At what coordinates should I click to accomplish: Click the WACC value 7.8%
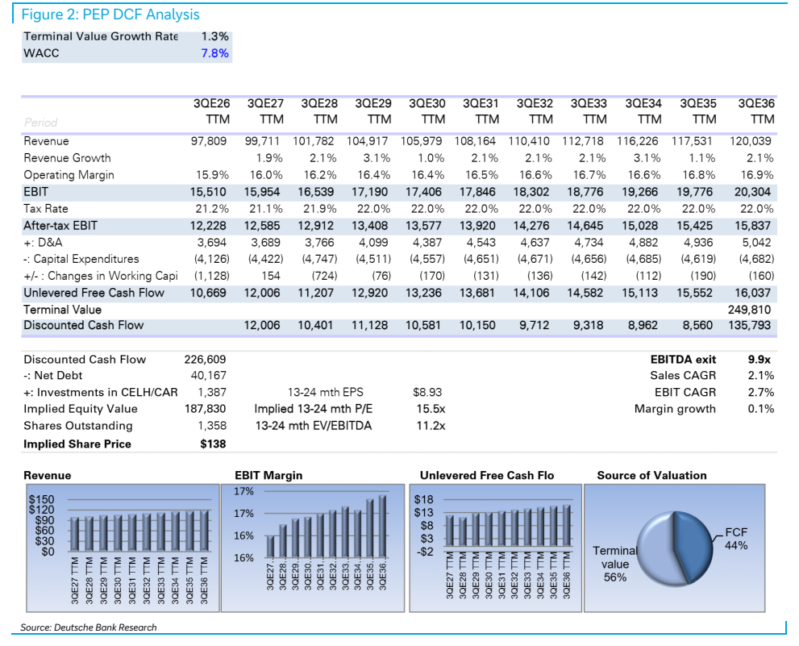[214, 53]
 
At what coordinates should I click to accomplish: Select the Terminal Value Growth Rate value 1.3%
[214, 36]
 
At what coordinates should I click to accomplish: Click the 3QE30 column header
[427, 111]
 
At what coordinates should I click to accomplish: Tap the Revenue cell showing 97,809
[208, 141]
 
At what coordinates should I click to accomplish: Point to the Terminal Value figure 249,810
[749, 310]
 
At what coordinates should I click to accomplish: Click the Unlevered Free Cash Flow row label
[94, 293]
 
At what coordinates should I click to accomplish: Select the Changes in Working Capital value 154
[271, 276]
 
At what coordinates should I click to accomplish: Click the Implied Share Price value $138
[213, 444]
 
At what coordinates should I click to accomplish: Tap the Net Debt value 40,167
[208, 376]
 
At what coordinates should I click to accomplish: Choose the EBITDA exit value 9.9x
[759, 360]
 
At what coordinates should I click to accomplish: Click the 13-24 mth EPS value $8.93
[427, 392]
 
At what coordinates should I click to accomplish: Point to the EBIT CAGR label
[685, 392]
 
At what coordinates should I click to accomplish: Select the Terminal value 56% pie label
[615, 564]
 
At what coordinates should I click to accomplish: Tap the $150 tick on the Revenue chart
[41, 499]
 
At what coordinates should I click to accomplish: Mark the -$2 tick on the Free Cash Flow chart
[424, 552]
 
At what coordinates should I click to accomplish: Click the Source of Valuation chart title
[651, 475]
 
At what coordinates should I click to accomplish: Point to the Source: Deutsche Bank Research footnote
[89, 627]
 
